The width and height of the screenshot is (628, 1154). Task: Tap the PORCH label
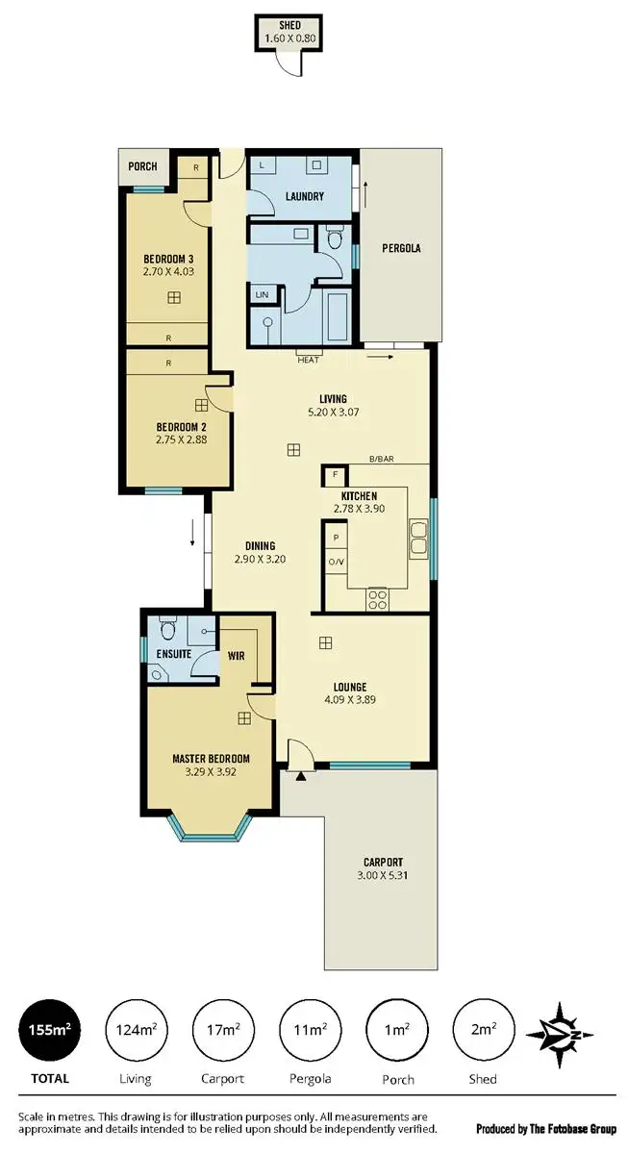click(x=142, y=166)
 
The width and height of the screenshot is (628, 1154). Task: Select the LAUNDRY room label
click(x=304, y=197)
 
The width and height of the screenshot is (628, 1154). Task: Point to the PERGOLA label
click(x=399, y=248)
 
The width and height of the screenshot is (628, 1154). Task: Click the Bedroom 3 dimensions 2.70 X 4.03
click(x=169, y=273)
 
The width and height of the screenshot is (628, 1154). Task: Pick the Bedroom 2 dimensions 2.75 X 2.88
click(x=182, y=440)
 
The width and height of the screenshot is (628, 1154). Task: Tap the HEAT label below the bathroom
click(x=309, y=360)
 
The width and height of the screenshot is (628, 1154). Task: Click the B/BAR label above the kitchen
click(x=382, y=460)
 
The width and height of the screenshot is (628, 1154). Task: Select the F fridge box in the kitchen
click(x=335, y=475)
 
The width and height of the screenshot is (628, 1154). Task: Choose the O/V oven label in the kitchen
click(x=336, y=562)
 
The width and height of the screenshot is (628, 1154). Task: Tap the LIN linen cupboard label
click(x=262, y=294)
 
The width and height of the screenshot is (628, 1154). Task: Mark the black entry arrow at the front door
click(x=302, y=773)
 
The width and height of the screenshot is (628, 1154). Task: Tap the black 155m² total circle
click(x=50, y=1030)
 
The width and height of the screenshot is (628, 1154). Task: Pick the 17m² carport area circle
click(x=223, y=1030)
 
